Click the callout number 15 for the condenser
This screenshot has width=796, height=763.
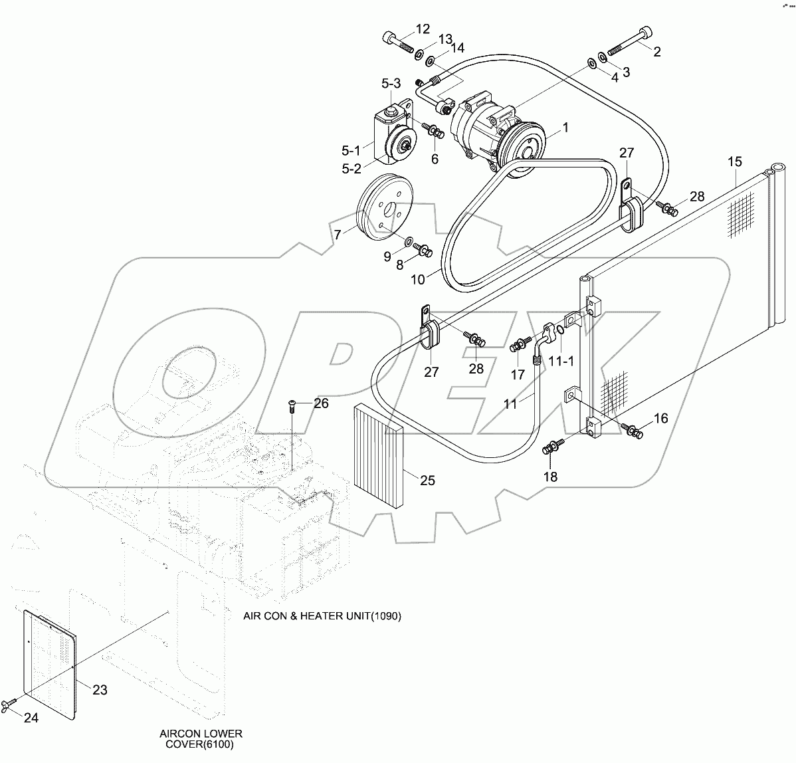(x=734, y=162)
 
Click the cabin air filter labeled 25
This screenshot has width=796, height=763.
(x=379, y=455)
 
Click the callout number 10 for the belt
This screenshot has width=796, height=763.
(x=417, y=279)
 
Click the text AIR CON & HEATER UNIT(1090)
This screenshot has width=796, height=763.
(x=322, y=616)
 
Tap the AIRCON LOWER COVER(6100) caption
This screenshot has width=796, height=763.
(x=201, y=739)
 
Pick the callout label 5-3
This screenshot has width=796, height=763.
(x=391, y=84)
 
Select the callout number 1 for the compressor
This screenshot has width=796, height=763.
(x=565, y=127)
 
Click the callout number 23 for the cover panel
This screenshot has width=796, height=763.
(x=99, y=690)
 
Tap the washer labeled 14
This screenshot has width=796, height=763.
(x=430, y=61)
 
